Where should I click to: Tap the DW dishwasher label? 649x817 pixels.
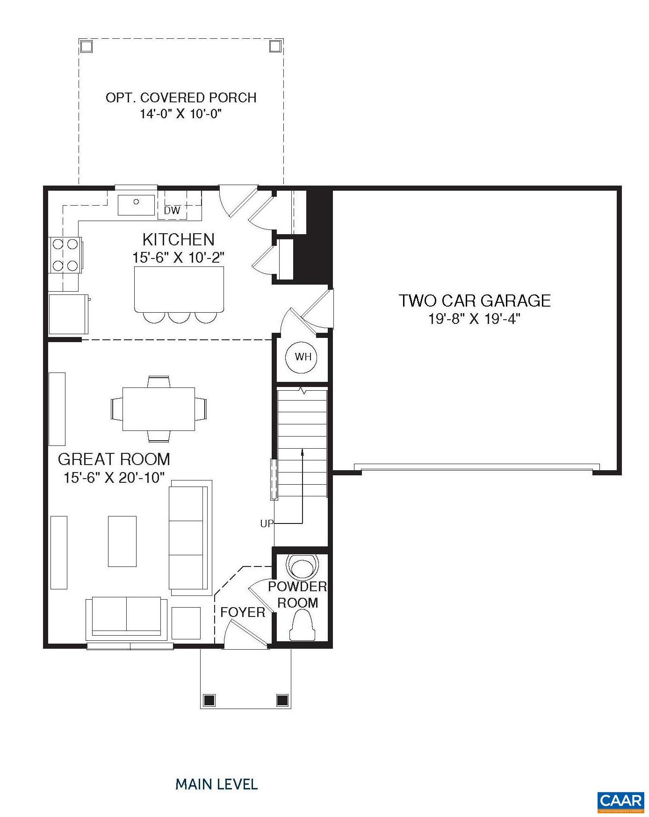172,211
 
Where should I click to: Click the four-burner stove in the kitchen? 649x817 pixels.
65,255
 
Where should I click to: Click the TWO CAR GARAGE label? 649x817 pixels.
474,301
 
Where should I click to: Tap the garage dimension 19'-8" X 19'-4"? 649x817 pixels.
474,319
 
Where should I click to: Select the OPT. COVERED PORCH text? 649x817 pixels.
181,98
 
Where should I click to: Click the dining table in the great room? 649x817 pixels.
159,409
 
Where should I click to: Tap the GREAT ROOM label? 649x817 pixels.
114,459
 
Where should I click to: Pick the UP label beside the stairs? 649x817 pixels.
267,524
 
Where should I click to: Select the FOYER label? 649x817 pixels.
243,612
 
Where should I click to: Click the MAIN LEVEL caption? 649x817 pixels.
216,784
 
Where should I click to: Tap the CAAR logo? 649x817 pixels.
620,800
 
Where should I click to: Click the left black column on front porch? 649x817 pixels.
209,700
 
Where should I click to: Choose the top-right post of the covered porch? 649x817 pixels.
275,46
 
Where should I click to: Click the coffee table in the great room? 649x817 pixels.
122,541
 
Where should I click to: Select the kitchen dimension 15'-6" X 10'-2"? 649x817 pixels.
179,258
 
